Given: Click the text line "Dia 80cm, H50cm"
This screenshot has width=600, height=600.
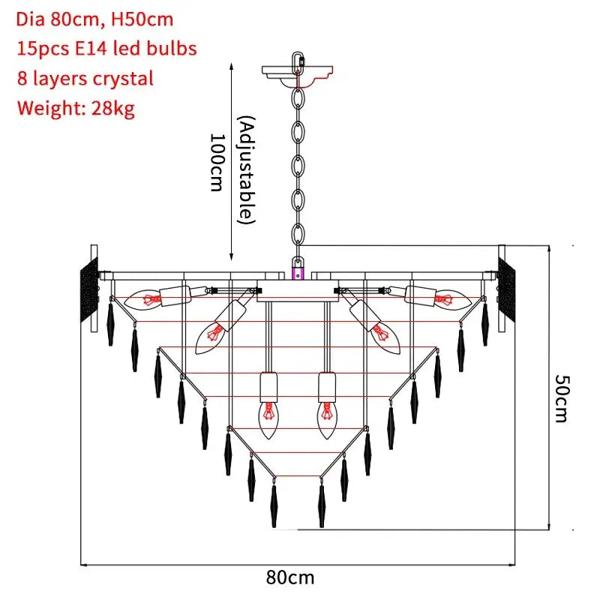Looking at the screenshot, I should click(x=95, y=19).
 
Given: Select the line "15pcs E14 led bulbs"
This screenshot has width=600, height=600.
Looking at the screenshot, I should click(x=106, y=49).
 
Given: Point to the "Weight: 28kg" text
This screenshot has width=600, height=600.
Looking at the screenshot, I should click(x=76, y=108).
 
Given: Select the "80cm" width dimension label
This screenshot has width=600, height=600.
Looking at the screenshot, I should click(x=290, y=577).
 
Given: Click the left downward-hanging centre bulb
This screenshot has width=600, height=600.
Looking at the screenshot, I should click(x=268, y=418).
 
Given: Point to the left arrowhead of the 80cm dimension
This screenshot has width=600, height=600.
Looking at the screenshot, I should click(x=84, y=564).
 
